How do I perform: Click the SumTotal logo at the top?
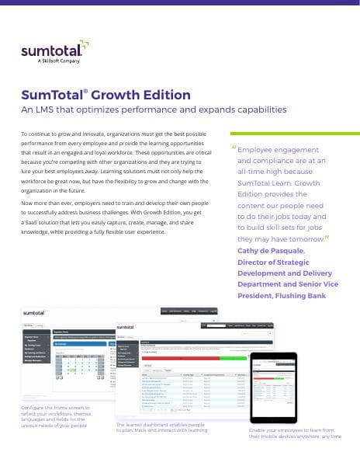point(52,53)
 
